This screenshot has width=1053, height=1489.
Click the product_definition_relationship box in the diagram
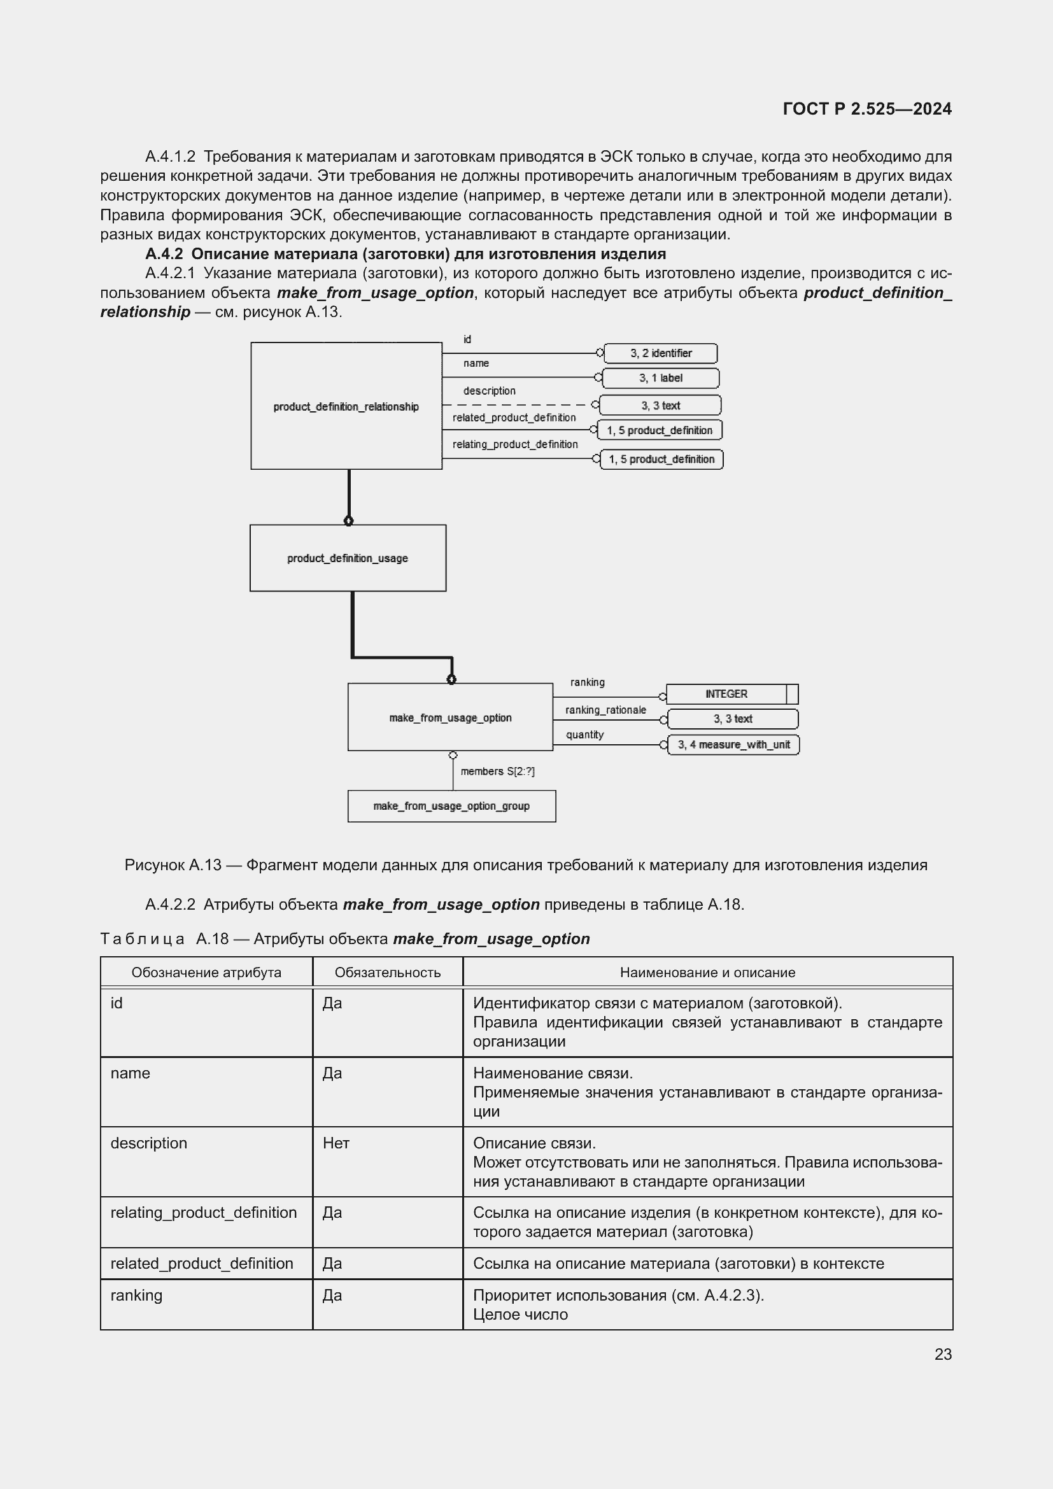tap(346, 406)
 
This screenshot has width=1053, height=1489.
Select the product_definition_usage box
tap(348, 558)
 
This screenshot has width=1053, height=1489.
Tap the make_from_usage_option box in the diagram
tap(450, 717)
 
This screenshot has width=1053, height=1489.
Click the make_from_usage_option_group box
tap(451, 805)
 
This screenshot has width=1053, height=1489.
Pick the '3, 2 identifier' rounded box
tap(660, 353)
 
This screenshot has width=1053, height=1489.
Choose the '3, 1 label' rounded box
tap(660, 378)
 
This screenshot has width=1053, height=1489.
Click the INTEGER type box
tap(726, 694)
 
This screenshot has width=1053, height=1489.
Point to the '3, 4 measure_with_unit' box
tap(733, 745)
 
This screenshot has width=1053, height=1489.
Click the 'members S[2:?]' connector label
tap(497, 771)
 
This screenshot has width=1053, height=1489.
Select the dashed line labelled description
tap(519, 404)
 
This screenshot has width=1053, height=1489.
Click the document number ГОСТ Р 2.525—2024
tap(867, 109)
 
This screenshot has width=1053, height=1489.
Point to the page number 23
tap(943, 1354)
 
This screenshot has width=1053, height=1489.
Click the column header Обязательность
tap(387, 972)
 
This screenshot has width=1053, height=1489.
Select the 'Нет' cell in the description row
tap(336, 1143)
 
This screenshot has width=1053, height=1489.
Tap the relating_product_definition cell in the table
tap(204, 1212)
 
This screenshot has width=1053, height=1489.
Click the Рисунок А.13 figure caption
tap(525, 864)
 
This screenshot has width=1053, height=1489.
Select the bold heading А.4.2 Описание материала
tap(406, 253)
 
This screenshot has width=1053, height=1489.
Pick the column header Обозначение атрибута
tap(206, 972)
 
